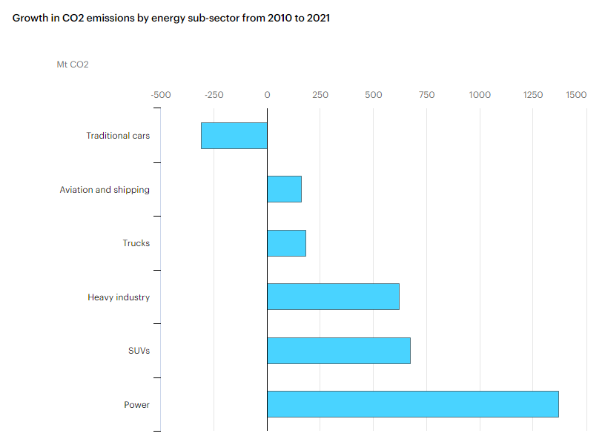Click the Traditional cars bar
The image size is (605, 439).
[234, 136]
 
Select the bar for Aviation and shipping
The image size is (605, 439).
[284, 189]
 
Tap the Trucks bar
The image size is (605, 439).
[286, 243]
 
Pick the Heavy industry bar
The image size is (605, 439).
[333, 297]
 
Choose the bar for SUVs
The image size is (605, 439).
[338, 350]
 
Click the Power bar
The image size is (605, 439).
[412, 404]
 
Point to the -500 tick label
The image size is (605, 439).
[160, 95]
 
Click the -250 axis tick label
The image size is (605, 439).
[214, 95]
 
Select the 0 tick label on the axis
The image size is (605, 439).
[267, 95]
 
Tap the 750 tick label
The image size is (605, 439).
[426, 95]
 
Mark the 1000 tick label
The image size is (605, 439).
[480, 95]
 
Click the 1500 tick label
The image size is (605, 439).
[576, 95]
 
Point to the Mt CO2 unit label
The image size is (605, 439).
[73, 65]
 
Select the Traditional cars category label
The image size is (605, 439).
[118, 136]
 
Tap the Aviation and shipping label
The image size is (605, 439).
[105, 190]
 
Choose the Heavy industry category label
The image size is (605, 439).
[119, 297]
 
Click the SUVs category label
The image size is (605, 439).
[139, 351]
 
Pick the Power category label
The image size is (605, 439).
[136, 405]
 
